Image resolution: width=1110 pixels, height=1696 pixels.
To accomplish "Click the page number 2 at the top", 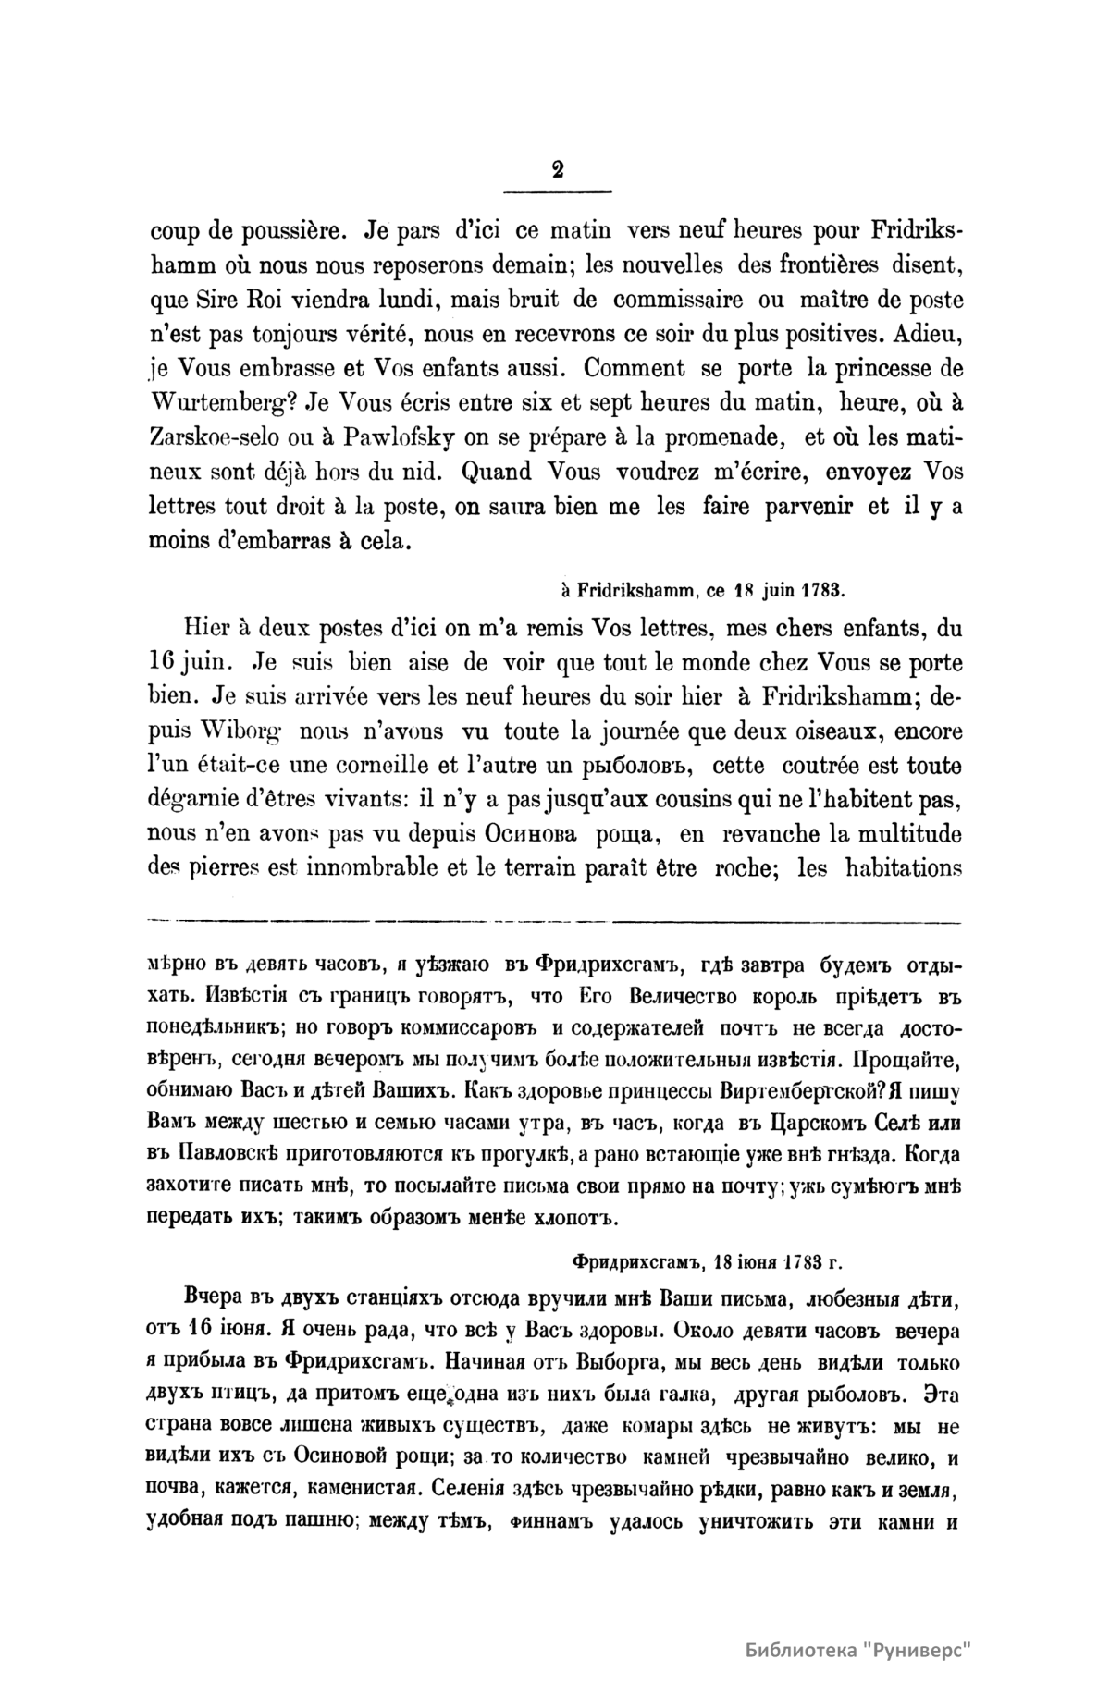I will coord(557,169).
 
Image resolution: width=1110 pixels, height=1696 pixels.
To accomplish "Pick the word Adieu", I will coord(926,334).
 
